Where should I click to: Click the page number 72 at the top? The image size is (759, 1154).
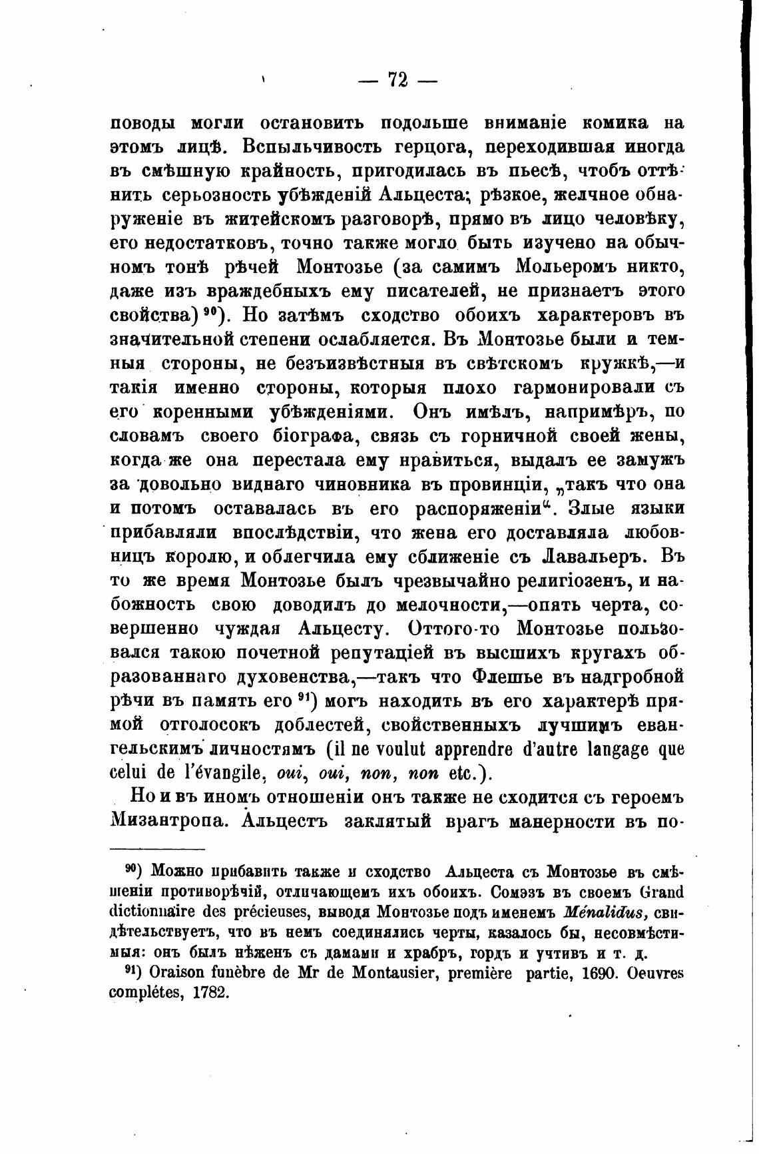point(397,80)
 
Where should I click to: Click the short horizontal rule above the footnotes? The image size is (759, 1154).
point(156,850)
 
